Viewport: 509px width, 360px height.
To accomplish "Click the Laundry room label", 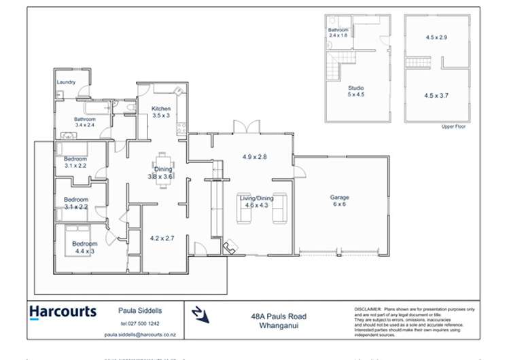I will pos(66,83).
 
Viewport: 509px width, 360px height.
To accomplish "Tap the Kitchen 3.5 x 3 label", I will pos(161,112).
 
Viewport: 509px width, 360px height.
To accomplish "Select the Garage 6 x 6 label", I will pos(340,201).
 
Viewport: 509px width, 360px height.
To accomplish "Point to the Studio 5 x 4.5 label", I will pos(356,92).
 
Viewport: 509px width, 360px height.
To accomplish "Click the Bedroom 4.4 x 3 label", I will pos(84,247).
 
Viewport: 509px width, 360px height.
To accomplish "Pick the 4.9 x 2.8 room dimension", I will pos(255,156).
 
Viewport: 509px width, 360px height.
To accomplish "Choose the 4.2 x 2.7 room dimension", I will pos(162,238).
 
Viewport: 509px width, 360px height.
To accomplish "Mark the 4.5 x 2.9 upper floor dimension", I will pos(436,37).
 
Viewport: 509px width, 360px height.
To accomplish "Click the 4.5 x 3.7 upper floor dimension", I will pos(436,96).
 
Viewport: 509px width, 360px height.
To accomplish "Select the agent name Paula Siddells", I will pos(141,310).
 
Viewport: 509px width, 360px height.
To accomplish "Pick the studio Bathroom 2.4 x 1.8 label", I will pos(338,33).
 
